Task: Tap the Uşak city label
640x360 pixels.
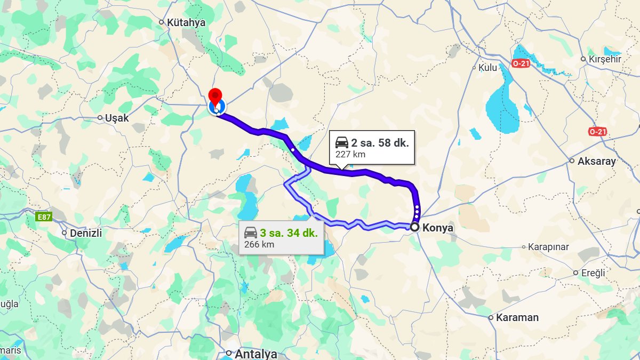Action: pyautogui.click(x=117, y=118)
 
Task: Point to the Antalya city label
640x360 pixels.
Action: pyautogui.click(x=256, y=354)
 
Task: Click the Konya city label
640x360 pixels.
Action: pyautogui.click(x=437, y=228)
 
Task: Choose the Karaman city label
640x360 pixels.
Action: pyautogui.click(x=517, y=317)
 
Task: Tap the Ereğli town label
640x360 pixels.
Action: pyautogui.click(x=593, y=273)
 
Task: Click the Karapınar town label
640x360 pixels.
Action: pyautogui.click(x=548, y=247)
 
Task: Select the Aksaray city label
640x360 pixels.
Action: pyautogui.click(x=597, y=161)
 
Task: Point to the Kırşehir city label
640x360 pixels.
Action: pyautogui.click(x=604, y=59)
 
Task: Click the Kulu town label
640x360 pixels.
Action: pyautogui.click(x=487, y=68)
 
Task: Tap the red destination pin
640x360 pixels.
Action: pyautogui.click(x=215, y=98)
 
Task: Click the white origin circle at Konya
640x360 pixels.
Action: pyautogui.click(x=414, y=227)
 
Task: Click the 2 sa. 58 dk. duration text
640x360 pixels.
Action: pyautogui.click(x=380, y=143)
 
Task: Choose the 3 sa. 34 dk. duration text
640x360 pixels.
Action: pyautogui.click(x=289, y=233)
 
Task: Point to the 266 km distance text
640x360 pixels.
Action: pyautogui.click(x=259, y=245)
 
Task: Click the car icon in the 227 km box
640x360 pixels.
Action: pyautogui.click(x=342, y=142)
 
